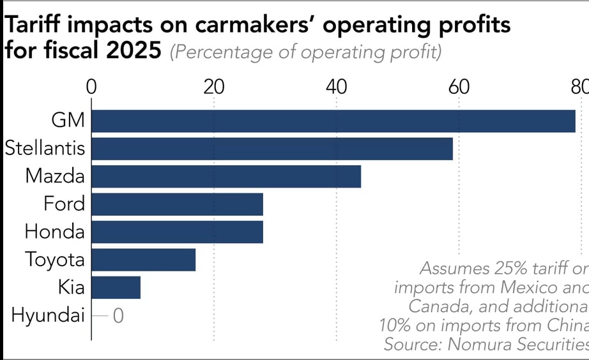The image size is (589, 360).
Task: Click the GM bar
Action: click(x=333, y=121)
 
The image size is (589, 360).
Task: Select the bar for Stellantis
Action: click(x=272, y=149)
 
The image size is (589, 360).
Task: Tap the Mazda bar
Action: click(x=226, y=176)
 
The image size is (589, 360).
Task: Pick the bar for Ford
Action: click(x=178, y=204)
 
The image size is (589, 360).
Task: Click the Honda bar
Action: click(x=178, y=232)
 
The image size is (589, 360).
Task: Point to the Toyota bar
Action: click(x=144, y=260)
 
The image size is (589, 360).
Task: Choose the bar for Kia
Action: click(x=116, y=287)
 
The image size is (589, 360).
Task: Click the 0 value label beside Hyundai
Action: click(x=118, y=316)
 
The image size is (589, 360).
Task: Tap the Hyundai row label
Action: click(x=48, y=315)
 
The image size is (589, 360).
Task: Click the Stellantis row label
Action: click(x=45, y=148)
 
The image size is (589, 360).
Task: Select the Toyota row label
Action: click(x=55, y=260)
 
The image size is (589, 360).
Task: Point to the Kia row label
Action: click(x=72, y=287)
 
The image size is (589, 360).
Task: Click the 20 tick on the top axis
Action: click(x=214, y=87)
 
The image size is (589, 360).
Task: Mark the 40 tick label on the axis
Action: click(x=336, y=87)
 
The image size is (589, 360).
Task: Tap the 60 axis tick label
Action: click(x=459, y=87)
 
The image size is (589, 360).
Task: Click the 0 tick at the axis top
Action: click(x=91, y=87)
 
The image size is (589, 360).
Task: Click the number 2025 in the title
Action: click(x=134, y=50)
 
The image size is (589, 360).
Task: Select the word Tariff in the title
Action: click(x=33, y=24)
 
